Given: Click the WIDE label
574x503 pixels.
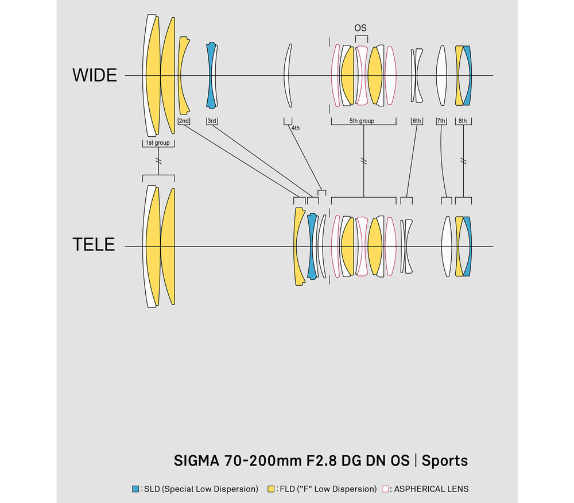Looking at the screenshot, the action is [95, 75].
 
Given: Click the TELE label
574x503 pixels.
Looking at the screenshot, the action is [94, 244].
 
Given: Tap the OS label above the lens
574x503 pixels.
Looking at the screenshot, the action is [360, 28].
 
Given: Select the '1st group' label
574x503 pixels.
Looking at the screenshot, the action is [158, 143].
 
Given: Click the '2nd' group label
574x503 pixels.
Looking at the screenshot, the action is [184, 121].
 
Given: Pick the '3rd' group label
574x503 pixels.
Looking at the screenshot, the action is [212, 121].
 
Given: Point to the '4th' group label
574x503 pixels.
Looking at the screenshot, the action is [296, 128].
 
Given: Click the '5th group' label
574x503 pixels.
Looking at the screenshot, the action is [362, 121].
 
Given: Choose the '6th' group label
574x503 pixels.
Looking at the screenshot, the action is [417, 121].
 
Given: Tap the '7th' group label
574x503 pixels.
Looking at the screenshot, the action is [441, 121].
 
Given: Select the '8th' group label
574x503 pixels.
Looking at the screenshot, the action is [463, 121].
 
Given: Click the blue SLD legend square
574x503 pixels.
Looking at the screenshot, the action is [135, 489].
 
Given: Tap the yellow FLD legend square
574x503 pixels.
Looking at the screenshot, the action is [271, 489].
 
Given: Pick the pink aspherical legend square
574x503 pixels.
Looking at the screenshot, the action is [385, 489].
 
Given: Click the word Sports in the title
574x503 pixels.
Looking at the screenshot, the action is [445, 460].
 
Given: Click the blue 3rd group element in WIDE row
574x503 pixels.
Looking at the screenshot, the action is [211, 75].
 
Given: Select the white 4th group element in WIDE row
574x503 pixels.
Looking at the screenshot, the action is [288, 75].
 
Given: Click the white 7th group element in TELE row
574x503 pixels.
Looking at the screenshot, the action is [447, 247].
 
